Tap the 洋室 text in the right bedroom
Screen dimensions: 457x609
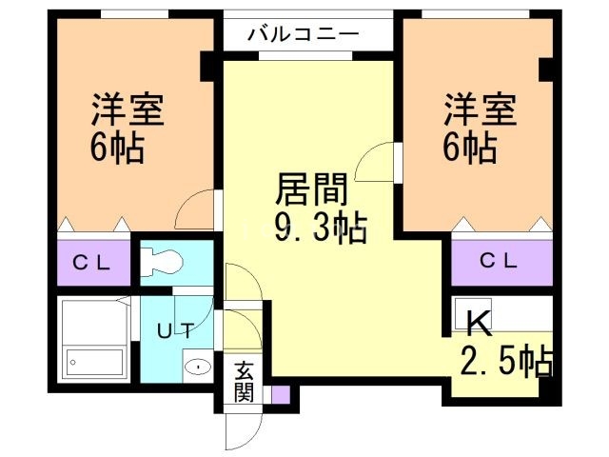pyautogui.click(x=479, y=110)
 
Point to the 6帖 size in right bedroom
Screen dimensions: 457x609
pyautogui.click(x=468, y=149)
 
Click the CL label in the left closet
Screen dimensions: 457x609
pyautogui.click(x=92, y=264)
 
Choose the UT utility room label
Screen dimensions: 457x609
pyautogui.click(x=175, y=331)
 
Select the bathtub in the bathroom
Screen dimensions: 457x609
pyautogui.click(x=95, y=363)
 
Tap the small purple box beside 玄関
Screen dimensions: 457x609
pyautogui.click(x=279, y=393)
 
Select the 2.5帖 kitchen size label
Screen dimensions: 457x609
pyautogui.click(x=506, y=363)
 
